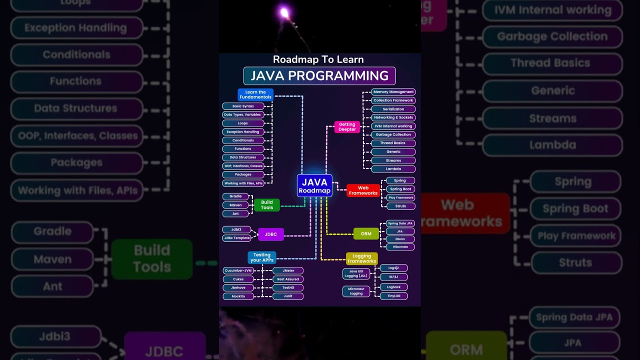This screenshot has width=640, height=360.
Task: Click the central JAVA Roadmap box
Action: click(314, 185)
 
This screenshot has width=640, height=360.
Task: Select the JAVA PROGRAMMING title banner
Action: click(319, 76)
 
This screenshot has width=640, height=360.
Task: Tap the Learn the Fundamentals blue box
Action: click(255, 94)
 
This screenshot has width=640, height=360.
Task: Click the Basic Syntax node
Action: click(243, 106)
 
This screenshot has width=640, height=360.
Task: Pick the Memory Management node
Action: click(393, 92)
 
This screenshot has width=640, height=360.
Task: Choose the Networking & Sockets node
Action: click(393, 117)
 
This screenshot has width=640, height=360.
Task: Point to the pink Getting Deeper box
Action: click(347, 127)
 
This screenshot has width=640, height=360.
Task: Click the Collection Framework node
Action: click(393, 100)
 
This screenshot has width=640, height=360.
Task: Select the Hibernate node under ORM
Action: click(400, 247)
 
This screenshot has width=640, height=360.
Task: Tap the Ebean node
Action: click(400, 239)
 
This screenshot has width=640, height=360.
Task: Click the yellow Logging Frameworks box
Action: click(361, 258)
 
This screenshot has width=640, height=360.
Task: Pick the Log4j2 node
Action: click(394, 268)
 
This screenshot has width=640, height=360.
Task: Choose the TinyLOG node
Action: click(394, 296)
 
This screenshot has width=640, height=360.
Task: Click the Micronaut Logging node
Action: click(356, 291)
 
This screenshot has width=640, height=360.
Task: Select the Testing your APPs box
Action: click(261, 257)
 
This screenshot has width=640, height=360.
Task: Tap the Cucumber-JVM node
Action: click(238, 270)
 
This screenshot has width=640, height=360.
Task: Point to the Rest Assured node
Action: click(288, 279)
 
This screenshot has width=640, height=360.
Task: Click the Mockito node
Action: click(238, 296)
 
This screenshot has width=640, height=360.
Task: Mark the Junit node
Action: click(288, 296)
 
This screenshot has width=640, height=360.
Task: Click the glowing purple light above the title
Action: click(284, 13)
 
